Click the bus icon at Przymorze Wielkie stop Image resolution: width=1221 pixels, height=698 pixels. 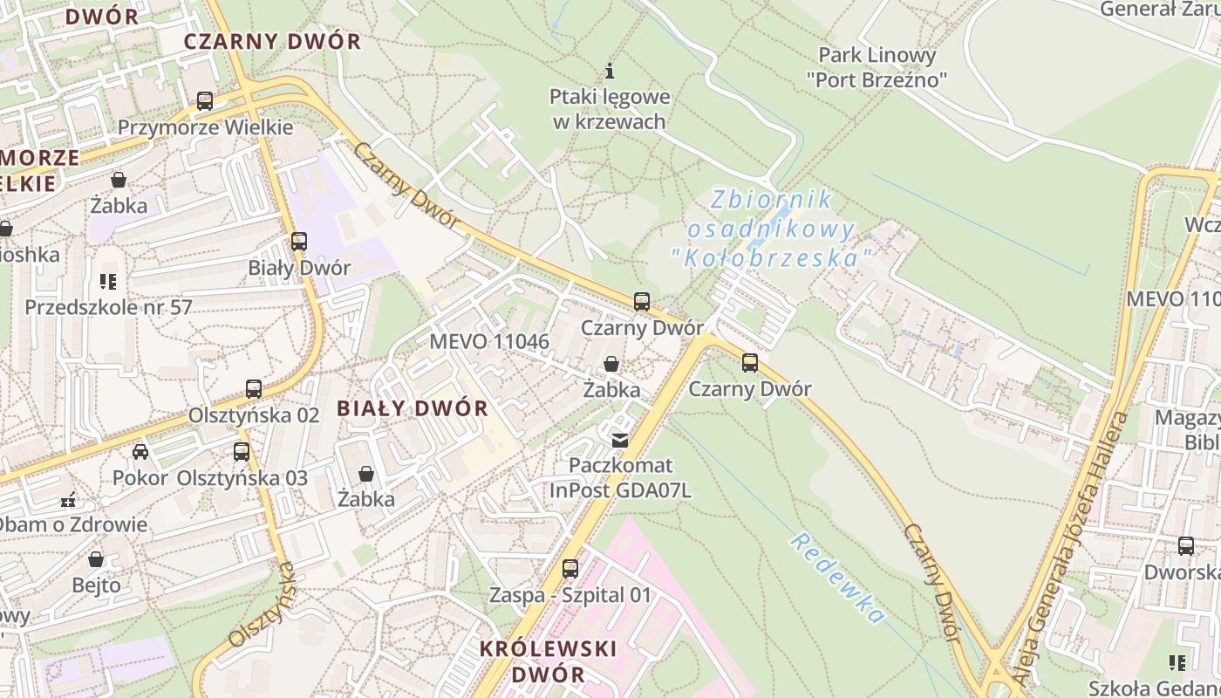pyautogui.click(x=205, y=101)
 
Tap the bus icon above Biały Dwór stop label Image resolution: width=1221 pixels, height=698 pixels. pyautogui.click(x=299, y=242)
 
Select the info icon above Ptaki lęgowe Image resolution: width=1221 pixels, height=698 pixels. pyautogui.click(x=610, y=71)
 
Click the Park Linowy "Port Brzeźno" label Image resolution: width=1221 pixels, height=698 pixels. pyautogui.click(x=877, y=67)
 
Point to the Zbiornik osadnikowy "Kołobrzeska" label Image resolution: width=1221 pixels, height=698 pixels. pyautogui.click(x=772, y=229)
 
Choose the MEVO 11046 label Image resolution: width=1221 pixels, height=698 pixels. pyautogui.click(x=489, y=341)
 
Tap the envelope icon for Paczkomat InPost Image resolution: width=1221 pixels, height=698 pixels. pyautogui.click(x=619, y=441)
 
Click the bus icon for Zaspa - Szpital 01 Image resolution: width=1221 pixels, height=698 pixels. pyautogui.click(x=570, y=569)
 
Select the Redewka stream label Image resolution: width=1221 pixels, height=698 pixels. pyautogui.click(x=837, y=578)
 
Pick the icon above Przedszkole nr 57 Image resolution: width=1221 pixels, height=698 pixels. pyautogui.click(x=108, y=282)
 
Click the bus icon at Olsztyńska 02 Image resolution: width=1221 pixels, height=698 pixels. pyautogui.click(x=254, y=389)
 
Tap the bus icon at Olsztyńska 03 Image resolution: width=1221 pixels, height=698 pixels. pyautogui.click(x=242, y=452)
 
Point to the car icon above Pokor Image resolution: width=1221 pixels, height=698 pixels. pyautogui.click(x=140, y=452)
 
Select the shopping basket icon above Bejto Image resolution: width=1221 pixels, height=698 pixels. pyautogui.click(x=96, y=559)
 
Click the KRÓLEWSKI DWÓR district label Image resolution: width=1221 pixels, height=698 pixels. pyautogui.click(x=549, y=661)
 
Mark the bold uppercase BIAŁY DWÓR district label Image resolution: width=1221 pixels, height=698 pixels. pyautogui.click(x=413, y=408)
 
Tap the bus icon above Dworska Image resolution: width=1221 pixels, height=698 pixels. pyautogui.click(x=1186, y=547)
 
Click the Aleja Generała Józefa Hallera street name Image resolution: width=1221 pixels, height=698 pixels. pyautogui.click(x=1069, y=551)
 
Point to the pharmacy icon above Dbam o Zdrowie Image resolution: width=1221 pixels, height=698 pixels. pyautogui.click(x=68, y=501)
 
